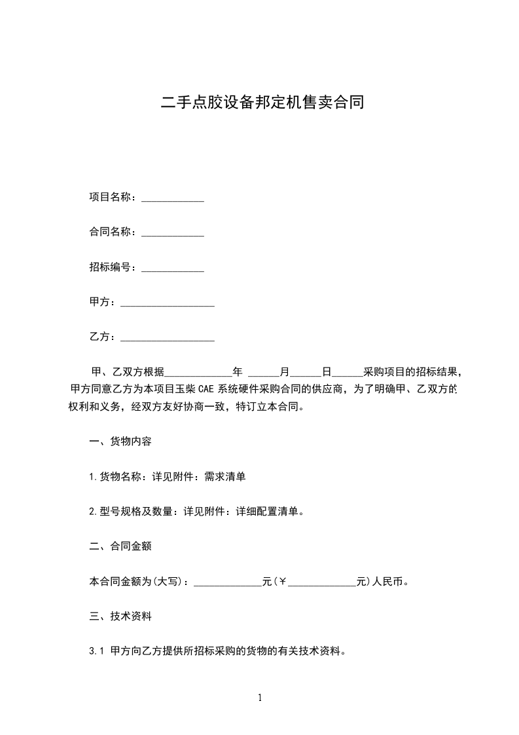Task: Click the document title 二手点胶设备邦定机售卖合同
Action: click(262, 103)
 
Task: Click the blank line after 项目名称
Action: click(173, 197)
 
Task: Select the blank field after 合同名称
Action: click(173, 233)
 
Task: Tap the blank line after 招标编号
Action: click(173, 268)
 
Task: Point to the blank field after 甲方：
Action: click(168, 303)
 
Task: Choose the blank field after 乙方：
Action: click(168, 338)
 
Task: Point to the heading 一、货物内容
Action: click(120, 442)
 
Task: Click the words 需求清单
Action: click(225, 477)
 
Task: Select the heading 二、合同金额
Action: click(120, 546)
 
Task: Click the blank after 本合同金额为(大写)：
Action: click(228, 582)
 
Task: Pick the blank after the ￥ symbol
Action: click(322, 582)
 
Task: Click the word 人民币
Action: click(388, 582)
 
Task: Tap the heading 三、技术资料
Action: click(120, 616)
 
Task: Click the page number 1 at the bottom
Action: click(260, 698)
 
